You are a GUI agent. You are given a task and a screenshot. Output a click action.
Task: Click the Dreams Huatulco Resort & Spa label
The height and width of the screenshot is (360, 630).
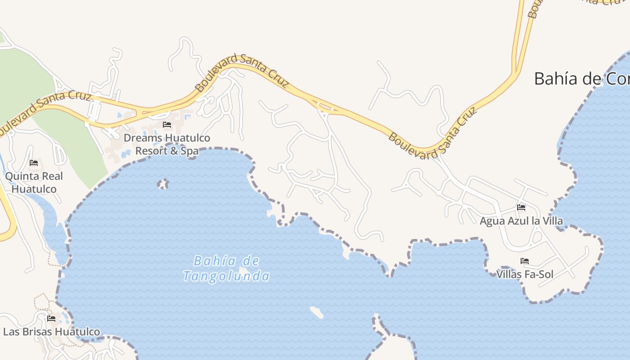(x=167, y=144)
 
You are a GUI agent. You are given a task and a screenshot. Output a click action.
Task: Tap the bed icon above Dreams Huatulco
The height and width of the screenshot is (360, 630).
(x=167, y=124)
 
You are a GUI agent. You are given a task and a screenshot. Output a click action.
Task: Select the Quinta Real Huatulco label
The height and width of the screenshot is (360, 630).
(x=34, y=182)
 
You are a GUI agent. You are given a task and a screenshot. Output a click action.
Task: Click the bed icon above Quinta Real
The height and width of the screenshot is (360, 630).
(x=34, y=162)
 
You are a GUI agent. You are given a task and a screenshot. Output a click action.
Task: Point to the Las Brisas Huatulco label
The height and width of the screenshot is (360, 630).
(x=51, y=332)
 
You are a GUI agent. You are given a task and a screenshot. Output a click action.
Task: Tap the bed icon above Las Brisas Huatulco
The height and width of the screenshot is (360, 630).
(x=51, y=319)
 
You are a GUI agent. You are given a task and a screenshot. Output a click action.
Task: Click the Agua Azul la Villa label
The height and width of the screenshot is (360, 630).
(x=521, y=221)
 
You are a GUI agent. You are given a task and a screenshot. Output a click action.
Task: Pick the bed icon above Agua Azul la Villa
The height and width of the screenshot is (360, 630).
(x=521, y=207)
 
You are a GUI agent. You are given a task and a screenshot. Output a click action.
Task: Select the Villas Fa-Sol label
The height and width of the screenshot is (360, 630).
(x=525, y=274)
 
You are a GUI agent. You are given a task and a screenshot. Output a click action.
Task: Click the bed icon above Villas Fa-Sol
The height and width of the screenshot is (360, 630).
(x=524, y=261)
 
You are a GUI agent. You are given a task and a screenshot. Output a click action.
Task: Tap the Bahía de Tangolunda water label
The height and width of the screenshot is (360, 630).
(x=226, y=268)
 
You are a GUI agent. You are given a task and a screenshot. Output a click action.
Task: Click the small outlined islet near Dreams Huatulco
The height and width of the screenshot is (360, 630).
(x=163, y=184)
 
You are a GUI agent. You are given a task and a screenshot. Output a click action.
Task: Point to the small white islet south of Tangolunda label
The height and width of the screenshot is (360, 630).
(x=317, y=312)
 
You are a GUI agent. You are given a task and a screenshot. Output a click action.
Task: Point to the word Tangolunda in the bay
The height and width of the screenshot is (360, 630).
(x=226, y=276)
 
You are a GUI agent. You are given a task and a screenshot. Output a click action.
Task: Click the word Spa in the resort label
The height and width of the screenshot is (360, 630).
(x=190, y=151)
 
